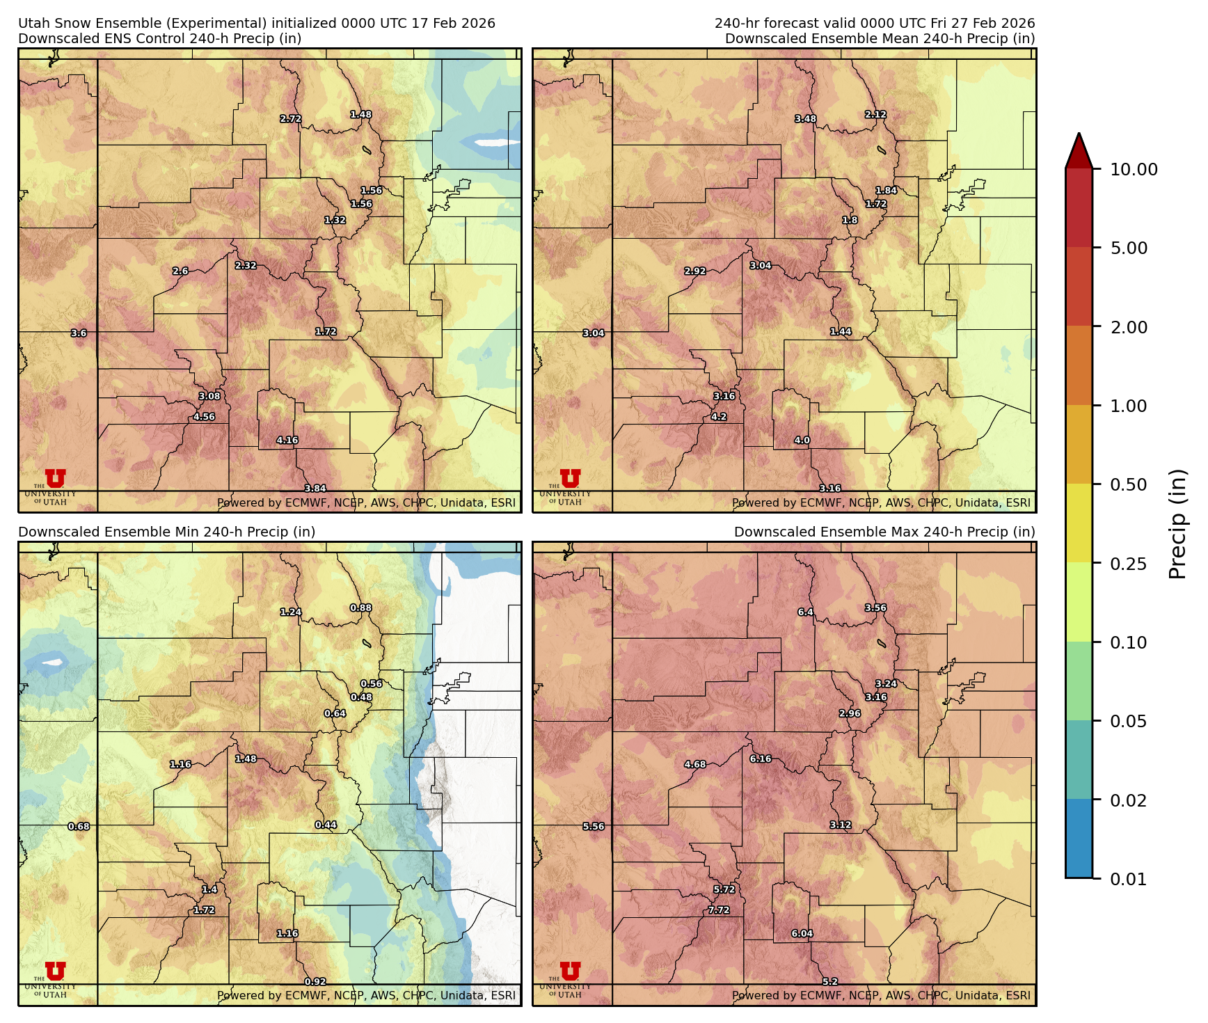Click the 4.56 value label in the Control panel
[204, 417]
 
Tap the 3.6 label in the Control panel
[79, 333]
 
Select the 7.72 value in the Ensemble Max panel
[719, 910]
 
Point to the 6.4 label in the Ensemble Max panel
[805, 612]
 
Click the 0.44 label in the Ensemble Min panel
[326, 825]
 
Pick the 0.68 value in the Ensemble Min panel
[79, 827]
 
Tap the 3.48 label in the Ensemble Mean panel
[805, 119]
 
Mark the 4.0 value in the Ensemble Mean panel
[802, 441]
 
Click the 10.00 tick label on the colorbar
[1134, 169]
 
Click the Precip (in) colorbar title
[1177, 523]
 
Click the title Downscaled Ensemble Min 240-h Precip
[166, 532]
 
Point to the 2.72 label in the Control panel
[290, 119]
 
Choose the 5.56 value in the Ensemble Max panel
[593, 827]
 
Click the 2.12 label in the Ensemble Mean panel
[875, 115]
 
